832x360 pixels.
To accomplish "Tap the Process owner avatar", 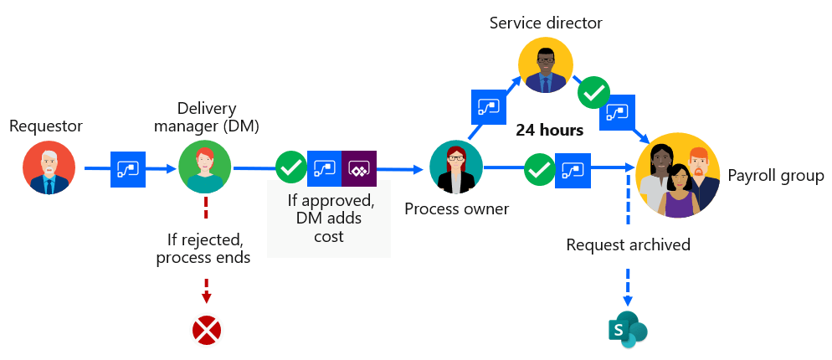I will coord(456,167).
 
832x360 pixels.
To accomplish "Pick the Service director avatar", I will coord(545,65).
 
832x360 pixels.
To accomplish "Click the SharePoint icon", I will coord(626,330).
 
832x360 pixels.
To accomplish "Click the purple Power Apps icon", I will coord(359,168).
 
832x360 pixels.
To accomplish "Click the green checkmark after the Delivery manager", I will coord(291,168).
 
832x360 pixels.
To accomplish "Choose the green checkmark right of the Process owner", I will coord(538,170).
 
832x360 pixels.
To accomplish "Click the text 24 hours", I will coord(549,131).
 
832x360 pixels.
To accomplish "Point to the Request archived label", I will coord(628,245).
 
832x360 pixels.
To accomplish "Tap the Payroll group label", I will coord(775,176).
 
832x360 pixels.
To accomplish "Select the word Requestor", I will coord(46,126).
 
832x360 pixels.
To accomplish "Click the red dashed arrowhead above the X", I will coord(206,297).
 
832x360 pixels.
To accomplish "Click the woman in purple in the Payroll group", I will coord(680,191).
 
